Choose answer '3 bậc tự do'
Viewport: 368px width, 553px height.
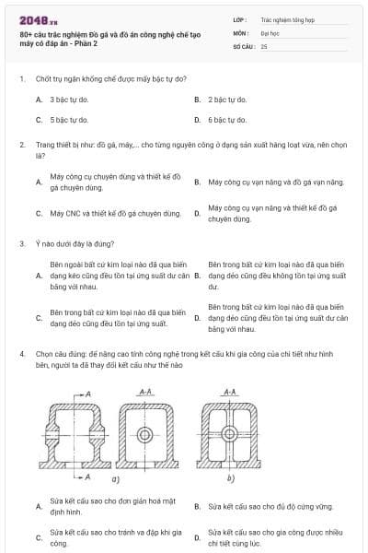pos(69,99)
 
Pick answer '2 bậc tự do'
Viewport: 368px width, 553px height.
pos(227,99)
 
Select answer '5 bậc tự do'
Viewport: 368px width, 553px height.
pos(69,120)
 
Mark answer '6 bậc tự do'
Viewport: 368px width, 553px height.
pos(227,120)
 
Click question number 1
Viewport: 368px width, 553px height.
pos(21,78)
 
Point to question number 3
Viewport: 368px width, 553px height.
pos(21,243)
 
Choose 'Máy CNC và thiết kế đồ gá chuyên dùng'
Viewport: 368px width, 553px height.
pos(107,214)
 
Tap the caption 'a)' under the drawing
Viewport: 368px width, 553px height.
pos(116,478)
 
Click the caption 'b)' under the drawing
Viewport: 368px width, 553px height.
pos(230,478)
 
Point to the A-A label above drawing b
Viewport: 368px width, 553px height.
pos(230,392)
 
